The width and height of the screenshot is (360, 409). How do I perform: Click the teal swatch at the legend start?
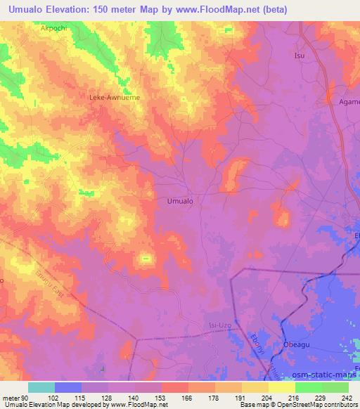41,387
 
